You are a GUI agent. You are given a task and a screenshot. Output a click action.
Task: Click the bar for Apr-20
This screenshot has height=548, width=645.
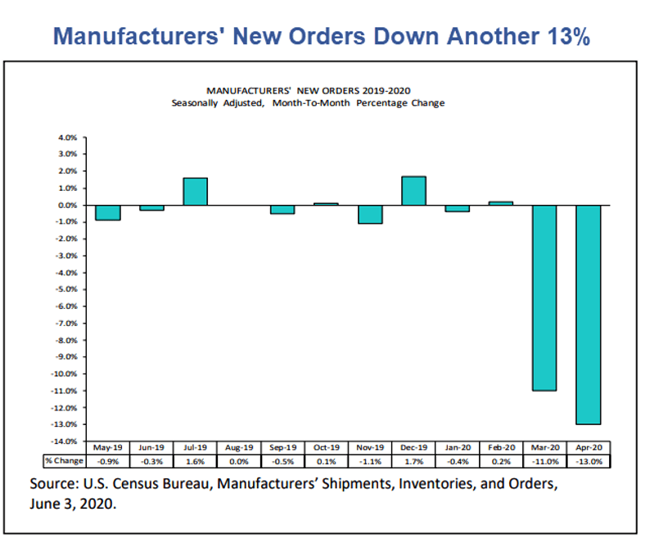(589, 315)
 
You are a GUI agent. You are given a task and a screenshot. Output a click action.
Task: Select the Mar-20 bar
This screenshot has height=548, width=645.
(544, 297)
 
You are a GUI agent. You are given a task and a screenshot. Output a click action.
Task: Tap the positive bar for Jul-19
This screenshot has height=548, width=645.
(195, 191)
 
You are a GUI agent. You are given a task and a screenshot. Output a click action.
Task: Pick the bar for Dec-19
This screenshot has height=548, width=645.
(413, 190)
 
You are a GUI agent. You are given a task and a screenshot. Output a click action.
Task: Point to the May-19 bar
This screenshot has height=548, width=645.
(107, 212)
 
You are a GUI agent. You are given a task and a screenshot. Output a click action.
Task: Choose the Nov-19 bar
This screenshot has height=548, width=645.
(370, 214)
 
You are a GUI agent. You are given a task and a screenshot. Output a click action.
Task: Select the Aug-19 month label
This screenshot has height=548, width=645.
(239, 449)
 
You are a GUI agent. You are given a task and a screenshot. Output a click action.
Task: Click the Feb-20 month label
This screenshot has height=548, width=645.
(501, 449)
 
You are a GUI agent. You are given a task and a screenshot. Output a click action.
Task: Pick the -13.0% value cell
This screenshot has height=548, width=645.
(589, 461)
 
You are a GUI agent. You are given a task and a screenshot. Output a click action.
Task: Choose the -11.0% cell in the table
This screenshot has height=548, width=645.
(545, 461)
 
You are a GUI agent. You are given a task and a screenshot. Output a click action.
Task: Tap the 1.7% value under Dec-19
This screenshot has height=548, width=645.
(413, 461)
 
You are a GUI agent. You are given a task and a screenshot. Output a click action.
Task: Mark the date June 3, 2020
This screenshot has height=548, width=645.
(73, 505)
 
